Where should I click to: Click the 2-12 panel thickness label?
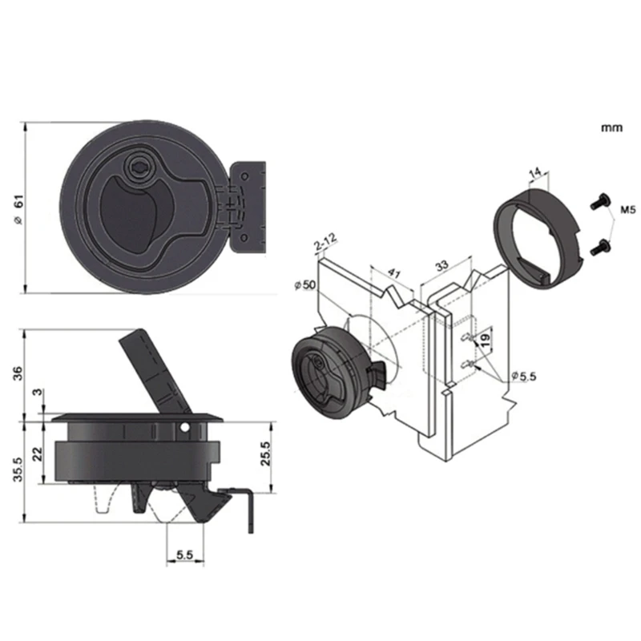(325, 240)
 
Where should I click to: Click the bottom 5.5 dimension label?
(185, 554)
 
